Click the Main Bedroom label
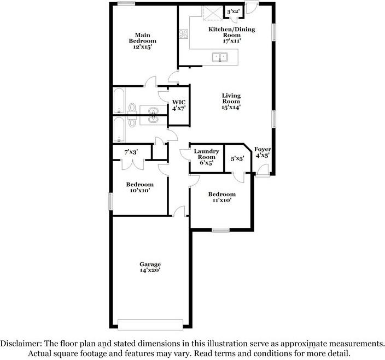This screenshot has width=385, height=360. (142, 41)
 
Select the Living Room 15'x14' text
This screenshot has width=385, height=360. (231, 102)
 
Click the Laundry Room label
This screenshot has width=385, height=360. (206, 157)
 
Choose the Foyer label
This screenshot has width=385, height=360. (262, 152)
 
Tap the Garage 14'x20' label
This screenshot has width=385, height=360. (150, 267)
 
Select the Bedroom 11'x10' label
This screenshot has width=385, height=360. (221, 197)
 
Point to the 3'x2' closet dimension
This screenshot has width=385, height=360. (234, 11)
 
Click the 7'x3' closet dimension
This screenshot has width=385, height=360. (131, 151)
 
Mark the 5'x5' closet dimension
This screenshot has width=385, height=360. (237, 159)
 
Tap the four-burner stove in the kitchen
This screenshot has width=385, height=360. (183, 33)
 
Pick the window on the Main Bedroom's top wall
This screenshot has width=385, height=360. (126, 4)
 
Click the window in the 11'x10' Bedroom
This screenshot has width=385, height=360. (220, 230)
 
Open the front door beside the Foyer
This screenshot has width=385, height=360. (263, 171)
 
